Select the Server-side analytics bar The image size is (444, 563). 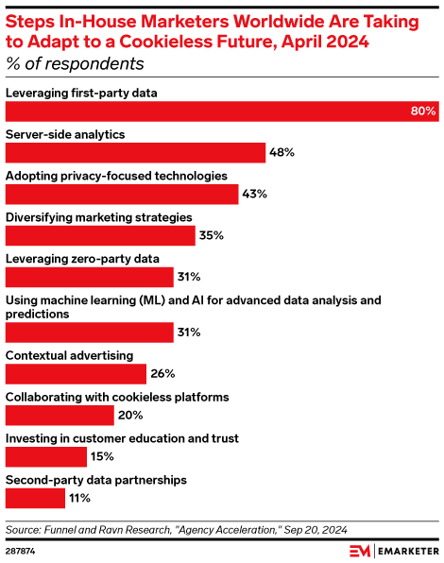[x=135, y=152]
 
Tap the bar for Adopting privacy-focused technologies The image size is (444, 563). [x=122, y=194]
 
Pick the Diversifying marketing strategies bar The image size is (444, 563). [x=100, y=235]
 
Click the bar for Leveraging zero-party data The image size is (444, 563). [x=89, y=277]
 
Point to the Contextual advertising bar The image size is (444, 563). [x=76, y=373]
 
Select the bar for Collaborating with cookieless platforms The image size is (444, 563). [x=60, y=415]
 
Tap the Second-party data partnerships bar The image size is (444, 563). [x=35, y=498]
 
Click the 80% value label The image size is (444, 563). [x=422, y=111]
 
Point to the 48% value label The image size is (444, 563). [x=282, y=152]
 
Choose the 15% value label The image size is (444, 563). [x=102, y=456]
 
